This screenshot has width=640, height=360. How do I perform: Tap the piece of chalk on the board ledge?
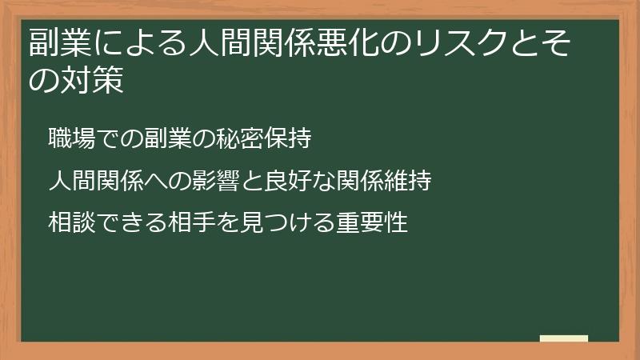(564, 338)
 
